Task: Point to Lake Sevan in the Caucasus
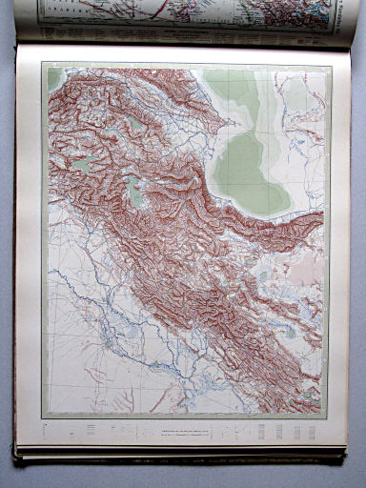pos(138,123)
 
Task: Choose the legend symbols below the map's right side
pos(286,431)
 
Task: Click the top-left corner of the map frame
pos(42,63)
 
